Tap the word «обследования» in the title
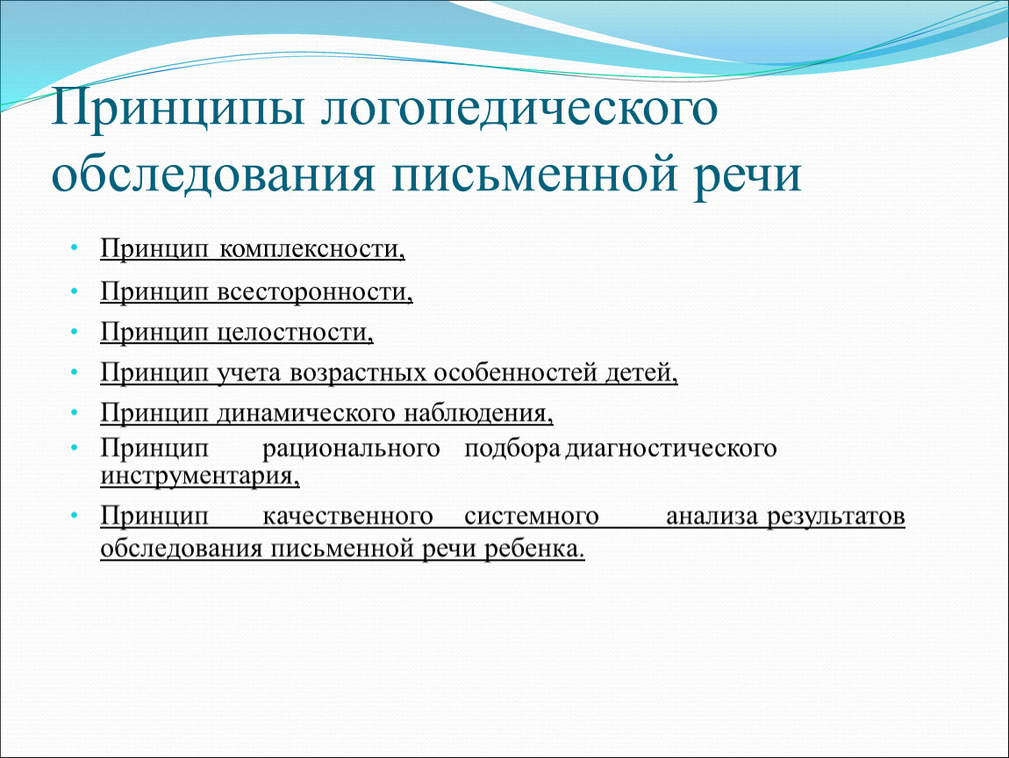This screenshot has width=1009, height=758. click(213, 174)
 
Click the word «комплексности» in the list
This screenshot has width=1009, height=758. click(311, 248)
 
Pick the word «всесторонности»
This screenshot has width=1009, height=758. click(314, 291)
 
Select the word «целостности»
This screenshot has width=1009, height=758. click(295, 332)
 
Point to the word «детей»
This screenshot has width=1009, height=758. click(641, 373)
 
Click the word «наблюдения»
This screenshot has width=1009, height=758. click(478, 413)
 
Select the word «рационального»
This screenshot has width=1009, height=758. click(351, 448)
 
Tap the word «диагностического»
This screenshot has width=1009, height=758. click(671, 448)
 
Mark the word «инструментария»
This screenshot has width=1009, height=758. click(199, 476)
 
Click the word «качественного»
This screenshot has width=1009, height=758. click(347, 516)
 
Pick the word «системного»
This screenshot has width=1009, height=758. click(531, 516)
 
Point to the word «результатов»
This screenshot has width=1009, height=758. click(836, 516)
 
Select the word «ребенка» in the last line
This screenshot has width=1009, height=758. click(534, 549)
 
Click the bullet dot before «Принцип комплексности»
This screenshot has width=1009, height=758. click(75, 247)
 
